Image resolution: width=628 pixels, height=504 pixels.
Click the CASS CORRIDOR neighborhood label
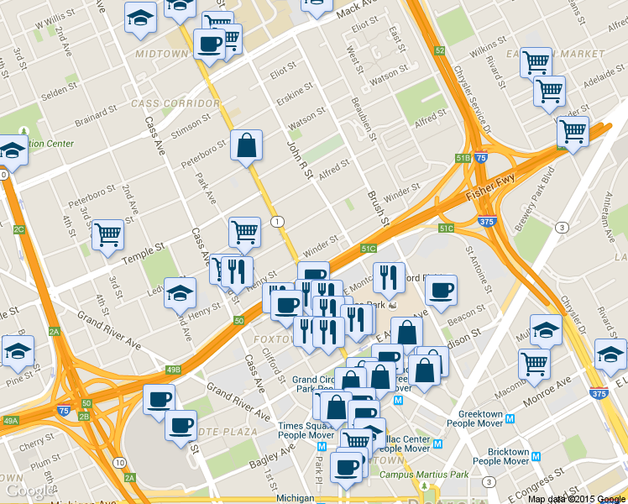pyautogui.click(x=175, y=103)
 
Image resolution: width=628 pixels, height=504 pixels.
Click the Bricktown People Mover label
pyautogui.click(x=500, y=456)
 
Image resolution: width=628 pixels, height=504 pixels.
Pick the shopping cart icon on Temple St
pyautogui.click(x=107, y=235)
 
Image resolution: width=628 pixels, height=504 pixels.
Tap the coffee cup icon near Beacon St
pyautogui.click(x=440, y=290)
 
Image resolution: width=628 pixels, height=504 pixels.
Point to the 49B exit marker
pyautogui.click(x=173, y=370)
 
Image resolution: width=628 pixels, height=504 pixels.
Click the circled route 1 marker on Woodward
pyautogui.click(x=277, y=221)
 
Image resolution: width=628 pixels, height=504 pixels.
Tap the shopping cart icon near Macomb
pyautogui.click(x=534, y=362)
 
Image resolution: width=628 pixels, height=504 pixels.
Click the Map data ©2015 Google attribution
pyautogui.click(x=576, y=498)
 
